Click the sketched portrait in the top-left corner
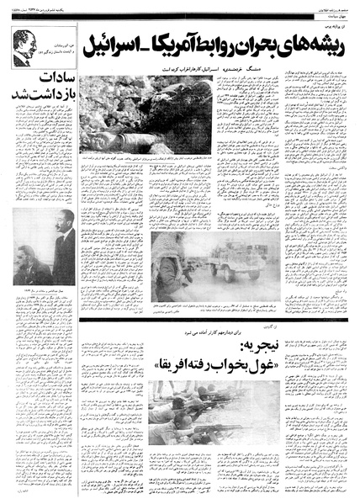(24, 49)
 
